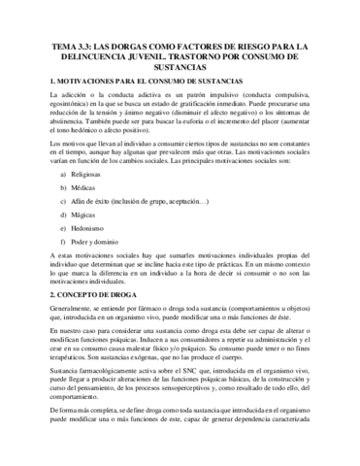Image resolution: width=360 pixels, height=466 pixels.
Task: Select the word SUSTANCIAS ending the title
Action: click(x=180, y=71)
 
